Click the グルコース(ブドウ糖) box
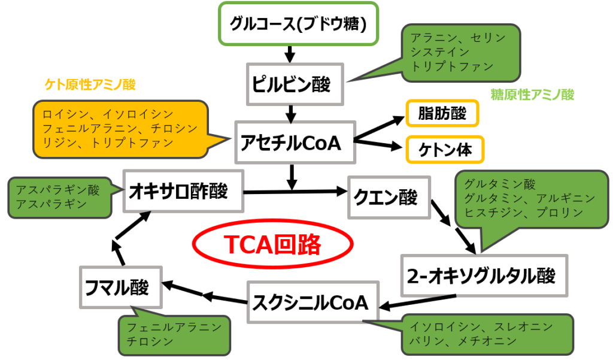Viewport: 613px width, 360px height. (x=298, y=24)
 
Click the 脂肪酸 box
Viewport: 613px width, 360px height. (x=442, y=113)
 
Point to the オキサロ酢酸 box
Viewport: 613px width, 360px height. (x=183, y=191)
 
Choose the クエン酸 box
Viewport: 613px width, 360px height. (x=389, y=197)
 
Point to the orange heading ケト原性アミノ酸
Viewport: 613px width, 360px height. (x=90, y=85)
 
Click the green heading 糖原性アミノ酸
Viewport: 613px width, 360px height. (x=532, y=95)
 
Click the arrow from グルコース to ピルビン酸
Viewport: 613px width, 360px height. (x=290, y=54)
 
